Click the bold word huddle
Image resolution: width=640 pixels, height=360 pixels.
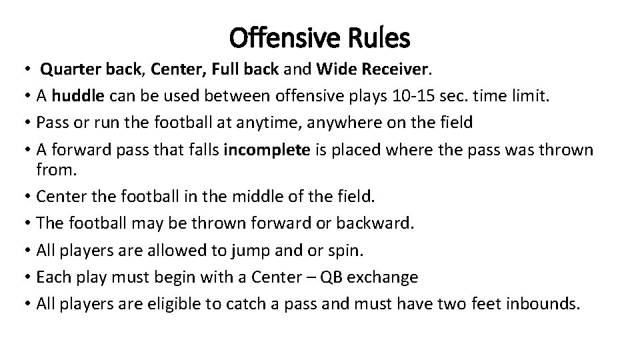pyautogui.click(x=78, y=96)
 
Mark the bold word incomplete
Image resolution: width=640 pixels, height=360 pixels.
pyautogui.click(x=267, y=149)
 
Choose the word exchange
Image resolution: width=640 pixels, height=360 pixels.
pyautogui.click(x=385, y=277)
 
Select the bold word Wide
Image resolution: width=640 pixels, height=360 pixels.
pyautogui.click(x=335, y=69)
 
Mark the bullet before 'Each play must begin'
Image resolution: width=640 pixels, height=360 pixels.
pyautogui.click(x=27, y=277)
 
